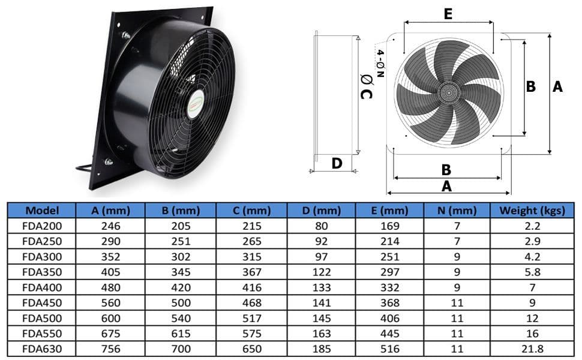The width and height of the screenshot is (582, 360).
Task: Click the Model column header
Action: (x=41, y=211)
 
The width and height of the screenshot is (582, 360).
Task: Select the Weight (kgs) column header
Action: (x=532, y=211)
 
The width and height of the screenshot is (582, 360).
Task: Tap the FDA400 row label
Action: (x=41, y=287)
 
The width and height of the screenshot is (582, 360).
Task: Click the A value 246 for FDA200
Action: (x=111, y=226)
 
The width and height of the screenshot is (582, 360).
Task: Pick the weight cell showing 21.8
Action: (x=532, y=349)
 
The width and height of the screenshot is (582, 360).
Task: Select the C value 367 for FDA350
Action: (x=252, y=272)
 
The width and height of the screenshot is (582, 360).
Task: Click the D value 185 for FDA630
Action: (x=322, y=349)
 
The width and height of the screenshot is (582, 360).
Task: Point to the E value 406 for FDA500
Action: (x=390, y=318)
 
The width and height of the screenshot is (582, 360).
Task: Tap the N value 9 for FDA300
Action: (x=457, y=257)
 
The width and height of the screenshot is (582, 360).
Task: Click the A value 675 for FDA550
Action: (x=111, y=334)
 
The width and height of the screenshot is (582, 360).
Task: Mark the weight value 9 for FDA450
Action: (x=532, y=303)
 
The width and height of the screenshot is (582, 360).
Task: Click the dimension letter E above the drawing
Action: (x=448, y=14)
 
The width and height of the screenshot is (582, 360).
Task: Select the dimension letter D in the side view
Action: (x=337, y=163)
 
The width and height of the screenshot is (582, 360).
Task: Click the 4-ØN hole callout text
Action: (x=379, y=63)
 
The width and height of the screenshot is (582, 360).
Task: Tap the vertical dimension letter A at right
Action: (x=557, y=87)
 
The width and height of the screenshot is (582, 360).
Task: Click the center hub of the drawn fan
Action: (x=448, y=92)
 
